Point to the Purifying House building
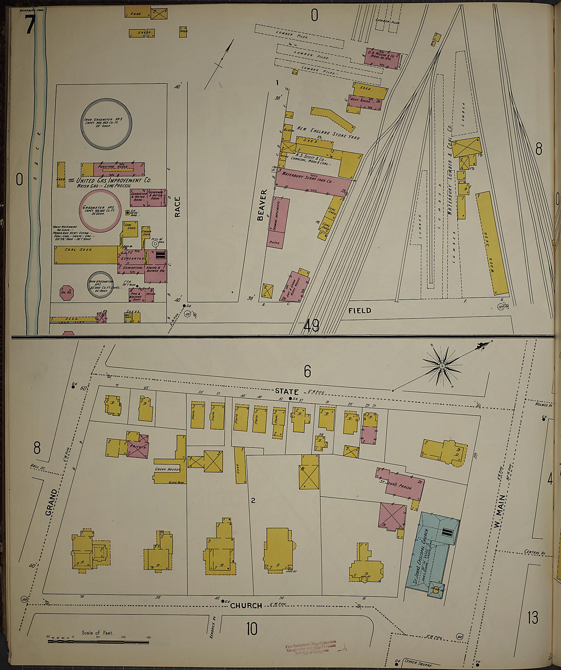coord(118,169)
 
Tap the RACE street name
coord(177,207)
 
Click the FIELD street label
coord(360,310)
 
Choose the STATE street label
coord(287,391)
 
